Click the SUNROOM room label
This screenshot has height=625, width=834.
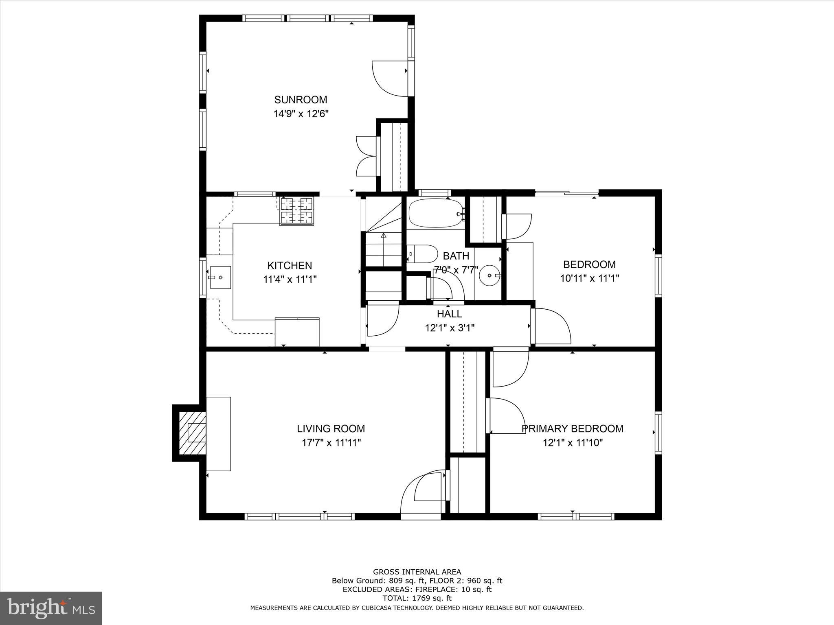tap(301, 100)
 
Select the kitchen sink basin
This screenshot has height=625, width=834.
tap(220, 277)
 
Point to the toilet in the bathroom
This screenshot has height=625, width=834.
tap(422, 254)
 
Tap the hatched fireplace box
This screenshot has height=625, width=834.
tap(192, 433)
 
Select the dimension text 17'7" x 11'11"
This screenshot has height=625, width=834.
tap(331, 443)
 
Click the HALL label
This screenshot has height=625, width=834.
tap(449, 314)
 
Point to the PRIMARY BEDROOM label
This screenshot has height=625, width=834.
tap(572, 428)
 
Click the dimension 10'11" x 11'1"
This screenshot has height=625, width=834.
tap(589, 278)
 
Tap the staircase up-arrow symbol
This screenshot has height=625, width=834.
tap(383, 236)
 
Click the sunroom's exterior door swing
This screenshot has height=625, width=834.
tap(390, 79)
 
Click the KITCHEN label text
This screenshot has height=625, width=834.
tap(290, 266)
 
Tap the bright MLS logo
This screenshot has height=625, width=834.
tap(51, 608)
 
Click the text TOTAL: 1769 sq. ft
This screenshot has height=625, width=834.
tap(417, 598)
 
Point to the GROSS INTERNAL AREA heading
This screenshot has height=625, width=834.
tap(417, 572)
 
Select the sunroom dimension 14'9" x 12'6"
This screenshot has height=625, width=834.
tap(301, 114)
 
